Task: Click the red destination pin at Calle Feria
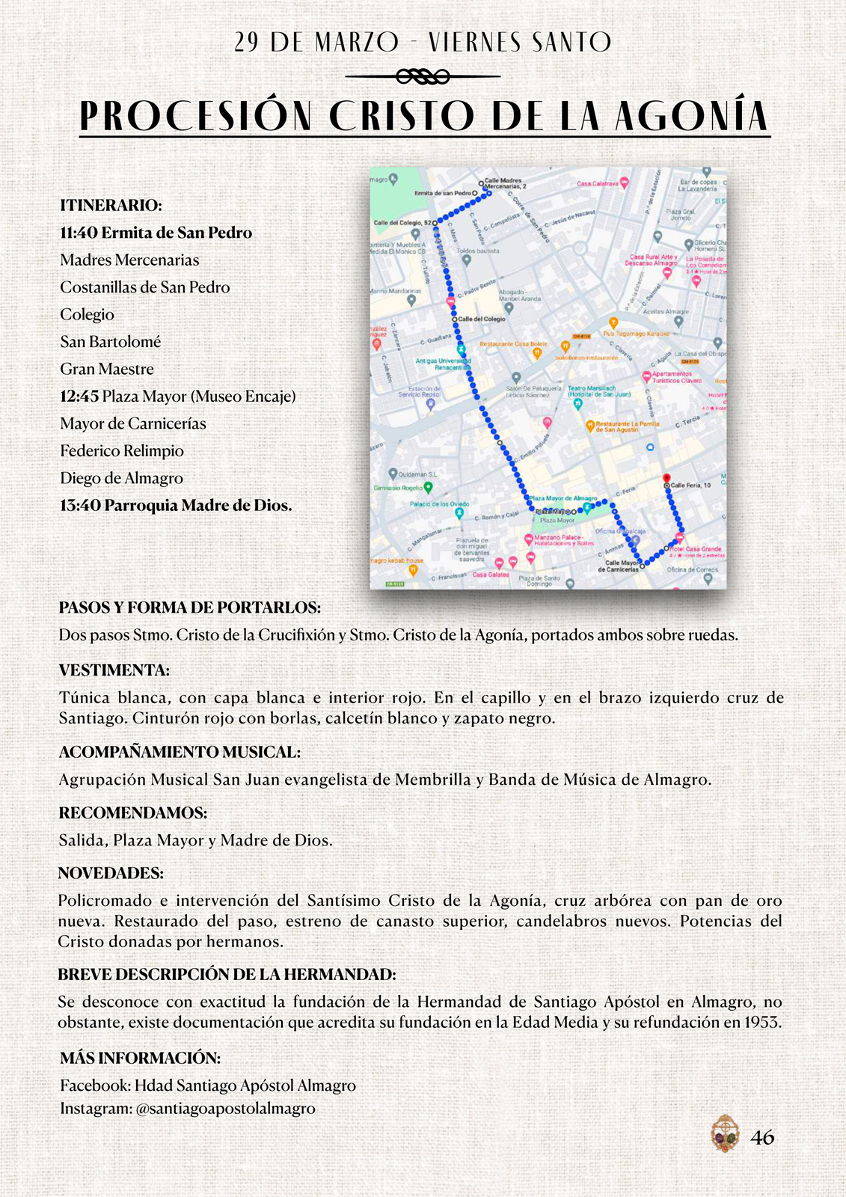pos(666,477)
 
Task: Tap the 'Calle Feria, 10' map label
pos(690,486)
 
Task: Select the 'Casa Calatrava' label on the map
pos(597,183)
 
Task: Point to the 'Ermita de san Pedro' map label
pos(443,193)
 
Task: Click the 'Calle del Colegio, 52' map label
pos(402,223)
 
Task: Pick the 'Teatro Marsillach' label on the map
pos(592,388)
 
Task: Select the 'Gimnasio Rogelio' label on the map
pos(398,488)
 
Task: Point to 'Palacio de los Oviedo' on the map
pos(439,504)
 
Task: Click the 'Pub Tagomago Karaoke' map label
pos(637,334)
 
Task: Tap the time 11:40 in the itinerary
pos(79,233)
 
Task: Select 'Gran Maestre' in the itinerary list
pos(107,369)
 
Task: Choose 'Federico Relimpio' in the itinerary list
pos(122,451)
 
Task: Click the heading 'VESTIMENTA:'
pos(114,670)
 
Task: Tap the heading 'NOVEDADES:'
pos(111,873)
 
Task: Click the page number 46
pos(762,1138)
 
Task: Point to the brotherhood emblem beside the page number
pos(724,1133)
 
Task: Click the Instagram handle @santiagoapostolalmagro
pos(225,1109)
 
